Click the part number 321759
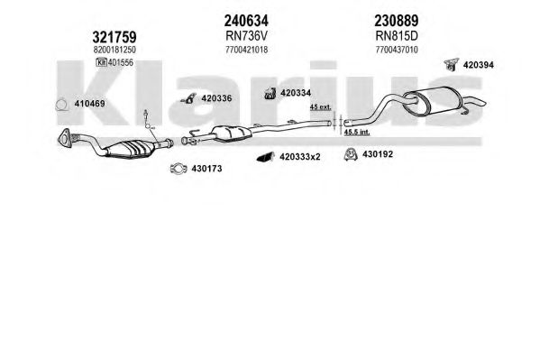[114, 37]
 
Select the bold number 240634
[246, 21]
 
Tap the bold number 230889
[397, 21]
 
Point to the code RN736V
[246, 35]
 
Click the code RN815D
[397, 35]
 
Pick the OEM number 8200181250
[114, 50]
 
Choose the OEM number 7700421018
[246, 50]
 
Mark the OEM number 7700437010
[397, 50]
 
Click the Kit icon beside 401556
[101, 62]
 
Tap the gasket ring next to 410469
[61, 106]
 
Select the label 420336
[216, 98]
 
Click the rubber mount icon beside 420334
[270, 93]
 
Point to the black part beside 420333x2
[265, 157]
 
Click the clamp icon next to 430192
[351, 154]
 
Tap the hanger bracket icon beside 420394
[451, 64]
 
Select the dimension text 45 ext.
[320, 107]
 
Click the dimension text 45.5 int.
[357, 132]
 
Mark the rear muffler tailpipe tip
[482, 103]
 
